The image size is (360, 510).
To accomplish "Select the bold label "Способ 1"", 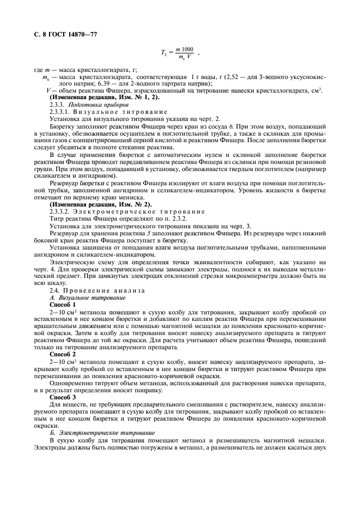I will pos(64,304).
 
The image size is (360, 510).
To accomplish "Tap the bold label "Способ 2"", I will pos(64,354).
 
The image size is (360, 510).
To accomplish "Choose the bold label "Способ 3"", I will pos(64,396).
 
